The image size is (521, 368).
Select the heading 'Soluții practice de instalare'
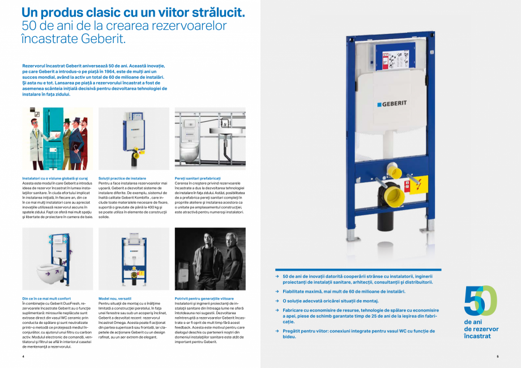tap(122, 178)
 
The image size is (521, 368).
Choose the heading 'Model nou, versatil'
tap(115, 298)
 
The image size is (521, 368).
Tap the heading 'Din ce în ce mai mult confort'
tap(46, 298)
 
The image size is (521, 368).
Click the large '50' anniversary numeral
tap(480, 301)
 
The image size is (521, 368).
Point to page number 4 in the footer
tap(23, 357)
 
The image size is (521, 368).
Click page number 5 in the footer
tap(497, 357)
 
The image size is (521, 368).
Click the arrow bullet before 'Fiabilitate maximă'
tap(277, 292)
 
